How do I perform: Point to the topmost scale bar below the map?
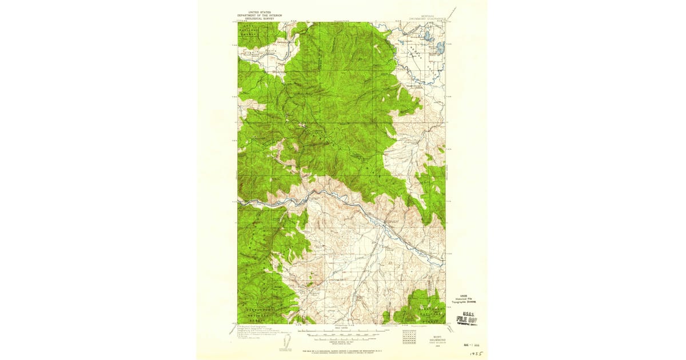(x=341, y=330)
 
